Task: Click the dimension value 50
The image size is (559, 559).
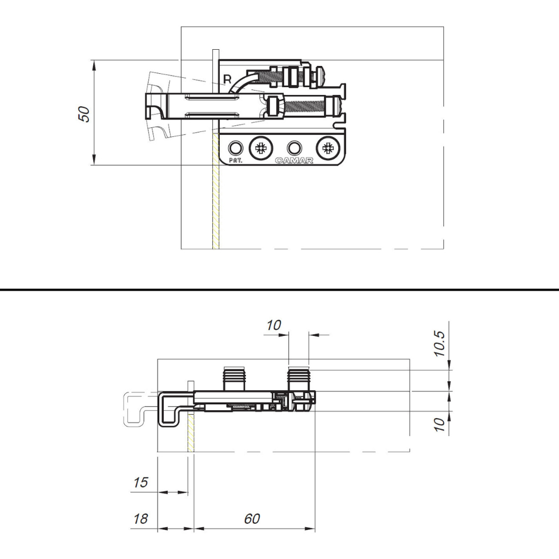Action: [84, 114]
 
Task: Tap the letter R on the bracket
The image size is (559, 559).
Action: [227, 79]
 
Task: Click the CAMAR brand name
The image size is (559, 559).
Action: [294, 160]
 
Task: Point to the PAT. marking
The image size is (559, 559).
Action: [235, 160]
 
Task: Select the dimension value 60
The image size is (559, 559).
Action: [252, 519]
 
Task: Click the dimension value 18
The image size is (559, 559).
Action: [140, 519]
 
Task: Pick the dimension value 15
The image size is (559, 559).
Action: [140, 482]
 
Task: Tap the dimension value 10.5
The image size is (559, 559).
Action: [439, 344]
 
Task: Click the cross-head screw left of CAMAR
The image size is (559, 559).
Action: [261, 148]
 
